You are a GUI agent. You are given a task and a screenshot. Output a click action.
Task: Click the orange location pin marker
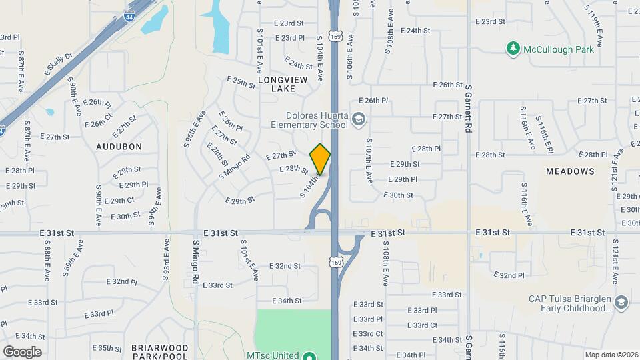(320, 159)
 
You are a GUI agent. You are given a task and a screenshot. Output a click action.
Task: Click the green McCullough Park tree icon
(512, 49)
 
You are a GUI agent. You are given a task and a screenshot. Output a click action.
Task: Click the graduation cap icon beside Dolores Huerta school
(359, 119)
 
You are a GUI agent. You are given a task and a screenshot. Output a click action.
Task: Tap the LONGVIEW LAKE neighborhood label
(283, 84)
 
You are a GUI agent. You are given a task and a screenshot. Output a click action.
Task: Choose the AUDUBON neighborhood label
(119, 146)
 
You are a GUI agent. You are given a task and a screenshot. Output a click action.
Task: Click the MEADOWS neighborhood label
(570, 171)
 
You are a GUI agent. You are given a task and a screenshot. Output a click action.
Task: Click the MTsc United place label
(271, 355)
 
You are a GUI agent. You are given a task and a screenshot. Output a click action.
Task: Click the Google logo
(22, 351)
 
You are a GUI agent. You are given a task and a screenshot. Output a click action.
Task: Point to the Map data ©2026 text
(611, 355)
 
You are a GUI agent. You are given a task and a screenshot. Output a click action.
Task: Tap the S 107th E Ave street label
(368, 161)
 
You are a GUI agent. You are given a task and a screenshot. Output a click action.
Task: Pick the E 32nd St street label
(285, 265)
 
